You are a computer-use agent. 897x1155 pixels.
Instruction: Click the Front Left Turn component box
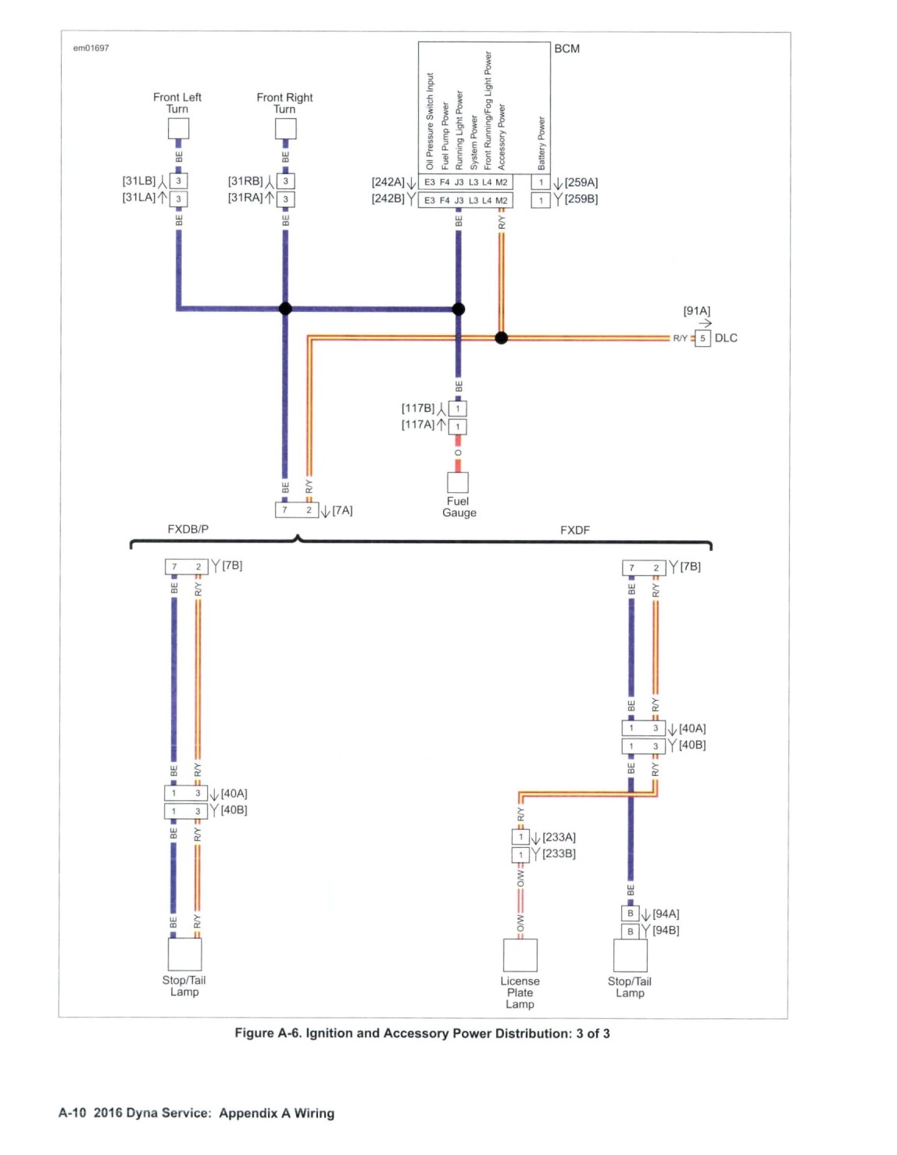pyautogui.click(x=178, y=129)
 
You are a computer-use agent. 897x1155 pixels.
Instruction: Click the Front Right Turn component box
pyautogui.click(x=285, y=129)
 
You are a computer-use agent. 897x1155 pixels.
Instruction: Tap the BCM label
pyautogui.click(x=566, y=49)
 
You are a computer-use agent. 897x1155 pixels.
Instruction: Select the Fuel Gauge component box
pyautogui.click(x=458, y=483)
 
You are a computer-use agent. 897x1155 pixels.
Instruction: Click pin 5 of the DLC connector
pyautogui.click(x=702, y=338)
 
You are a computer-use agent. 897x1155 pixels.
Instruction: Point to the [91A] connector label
pyautogui.click(x=696, y=311)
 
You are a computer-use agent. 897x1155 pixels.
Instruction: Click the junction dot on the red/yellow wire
pyautogui.click(x=501, y=338)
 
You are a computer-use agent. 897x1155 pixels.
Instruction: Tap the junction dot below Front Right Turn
pyautogui.click(x=285, y=309)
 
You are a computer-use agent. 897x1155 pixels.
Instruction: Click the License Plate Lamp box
pyautogui.click(x=520, y=955)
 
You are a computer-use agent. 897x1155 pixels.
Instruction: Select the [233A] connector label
pyautogui.click(x=559, y=837)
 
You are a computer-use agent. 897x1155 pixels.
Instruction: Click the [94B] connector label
pyautogui.click(x=665, y=930)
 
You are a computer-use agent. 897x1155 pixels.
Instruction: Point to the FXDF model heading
pyautogui.click(x=574, y=530)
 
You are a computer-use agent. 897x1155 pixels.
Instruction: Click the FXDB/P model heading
pyautogui.click(x=188, y=529)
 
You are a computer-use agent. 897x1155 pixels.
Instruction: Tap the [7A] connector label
pyautogui.click(x=342, y=510)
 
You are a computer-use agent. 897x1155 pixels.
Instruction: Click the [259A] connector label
pyautogui.click(x=581, y=182)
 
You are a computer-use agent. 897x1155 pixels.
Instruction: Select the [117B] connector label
pyautogui.click(x=418, y=408)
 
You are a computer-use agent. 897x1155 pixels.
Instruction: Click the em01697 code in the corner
pyautogui.click(x=91, y=48)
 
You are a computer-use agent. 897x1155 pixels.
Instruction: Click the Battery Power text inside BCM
pyautogui.click(x=541, y=144)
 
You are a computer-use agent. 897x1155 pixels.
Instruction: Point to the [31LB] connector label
pyautogui.click(x=139, y=181)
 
